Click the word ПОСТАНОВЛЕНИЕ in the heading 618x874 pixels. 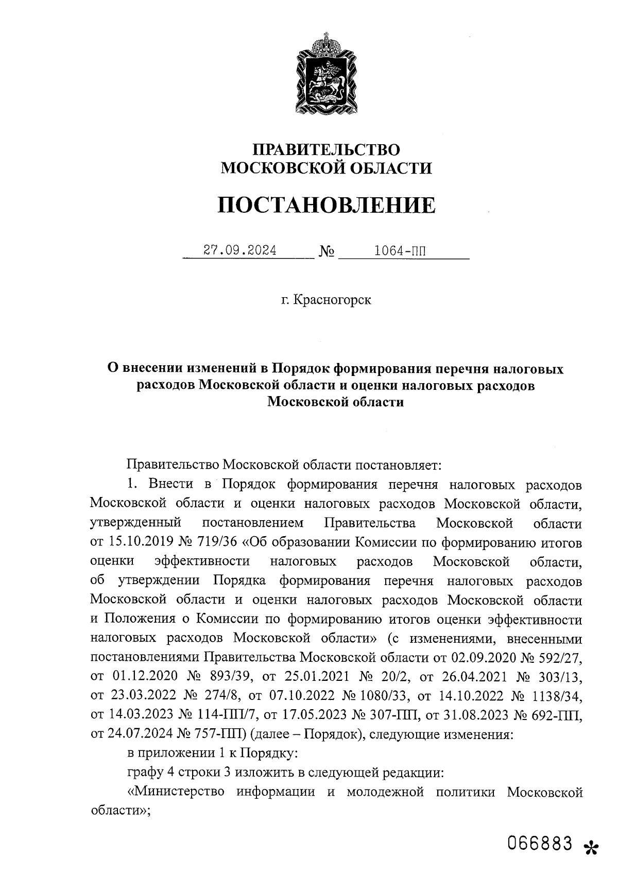(326, 205)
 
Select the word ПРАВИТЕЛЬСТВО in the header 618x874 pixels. (326, 149)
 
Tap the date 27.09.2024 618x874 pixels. (240, 250)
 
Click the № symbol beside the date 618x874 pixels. (327, 251)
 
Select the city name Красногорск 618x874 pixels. (332, 300)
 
